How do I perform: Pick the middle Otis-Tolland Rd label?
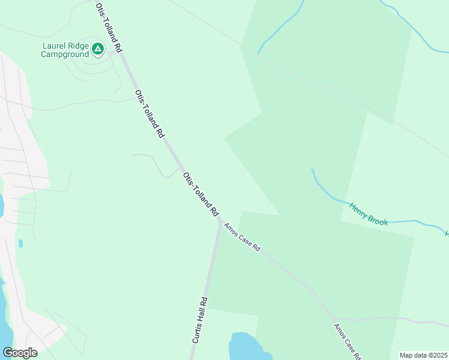[149, 114]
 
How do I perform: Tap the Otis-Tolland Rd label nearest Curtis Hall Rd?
[200, 194]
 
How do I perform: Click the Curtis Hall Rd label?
[200, 320]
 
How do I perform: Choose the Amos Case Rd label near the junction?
[242, 237]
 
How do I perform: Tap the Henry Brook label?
[369, 214]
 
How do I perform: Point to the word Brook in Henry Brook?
[379, 219]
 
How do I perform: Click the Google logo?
[20, 352]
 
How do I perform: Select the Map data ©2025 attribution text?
[423, 355]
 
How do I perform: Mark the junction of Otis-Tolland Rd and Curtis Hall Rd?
[220, 220]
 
